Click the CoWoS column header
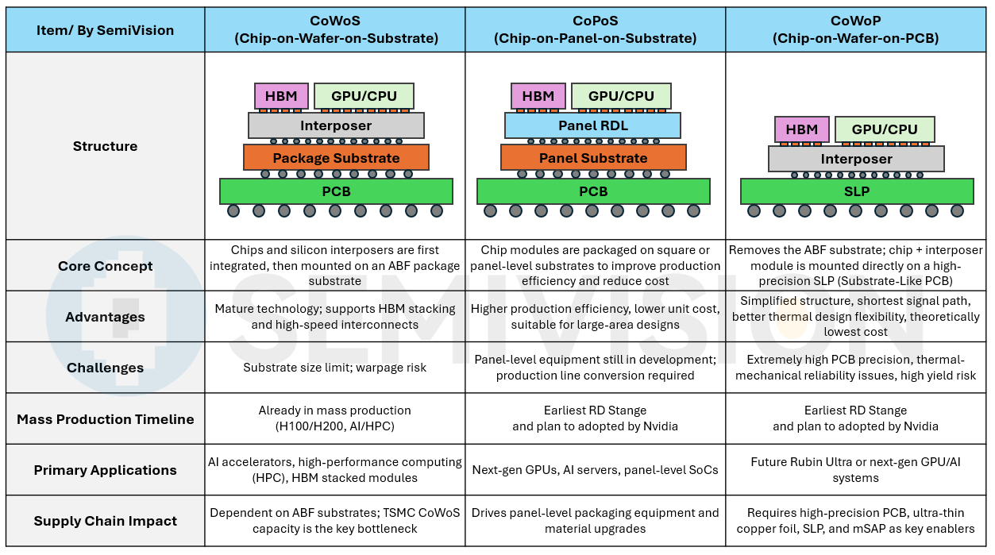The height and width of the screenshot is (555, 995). [335, 30]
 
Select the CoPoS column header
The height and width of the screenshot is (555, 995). [595, 30]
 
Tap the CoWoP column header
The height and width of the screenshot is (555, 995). [855, 30]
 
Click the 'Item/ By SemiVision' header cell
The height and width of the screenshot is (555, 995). [105, 30]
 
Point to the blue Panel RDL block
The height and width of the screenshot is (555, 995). [592, 125]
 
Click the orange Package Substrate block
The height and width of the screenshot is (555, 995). [336, 158]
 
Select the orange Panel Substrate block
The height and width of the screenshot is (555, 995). [593, 158]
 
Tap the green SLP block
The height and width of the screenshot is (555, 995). [856, 191]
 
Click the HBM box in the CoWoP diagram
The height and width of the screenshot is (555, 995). [801, 129]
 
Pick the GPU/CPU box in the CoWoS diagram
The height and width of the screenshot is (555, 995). [364, 96]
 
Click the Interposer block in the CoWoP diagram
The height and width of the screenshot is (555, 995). [856, 159]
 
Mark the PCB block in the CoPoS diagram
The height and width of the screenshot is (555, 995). [593, 191]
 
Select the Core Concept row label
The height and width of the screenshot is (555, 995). [105, 266]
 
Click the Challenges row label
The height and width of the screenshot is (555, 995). [105, 368]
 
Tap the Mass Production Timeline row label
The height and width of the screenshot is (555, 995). [105, 419]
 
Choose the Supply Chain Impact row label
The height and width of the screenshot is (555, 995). [105, 521]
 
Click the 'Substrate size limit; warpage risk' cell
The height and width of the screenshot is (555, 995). [335, 368]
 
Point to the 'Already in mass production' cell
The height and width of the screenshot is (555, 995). [335, 418]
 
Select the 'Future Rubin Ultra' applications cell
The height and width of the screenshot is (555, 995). [855, 470]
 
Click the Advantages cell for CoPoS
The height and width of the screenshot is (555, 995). [595, 317]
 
